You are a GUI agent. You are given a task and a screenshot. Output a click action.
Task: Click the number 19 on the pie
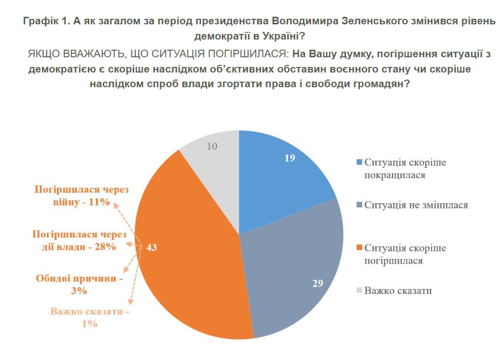tap(289, 158)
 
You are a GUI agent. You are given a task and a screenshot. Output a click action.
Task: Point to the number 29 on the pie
tap(318, 283)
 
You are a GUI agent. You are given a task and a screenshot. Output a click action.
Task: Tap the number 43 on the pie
tap(152, 247)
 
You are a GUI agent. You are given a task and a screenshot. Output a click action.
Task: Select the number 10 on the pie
tap(213, 147)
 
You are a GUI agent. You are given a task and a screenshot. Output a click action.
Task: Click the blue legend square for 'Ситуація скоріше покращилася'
tap(360, 162)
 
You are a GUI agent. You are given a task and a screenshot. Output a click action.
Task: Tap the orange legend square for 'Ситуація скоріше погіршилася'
tap(360, 248)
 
